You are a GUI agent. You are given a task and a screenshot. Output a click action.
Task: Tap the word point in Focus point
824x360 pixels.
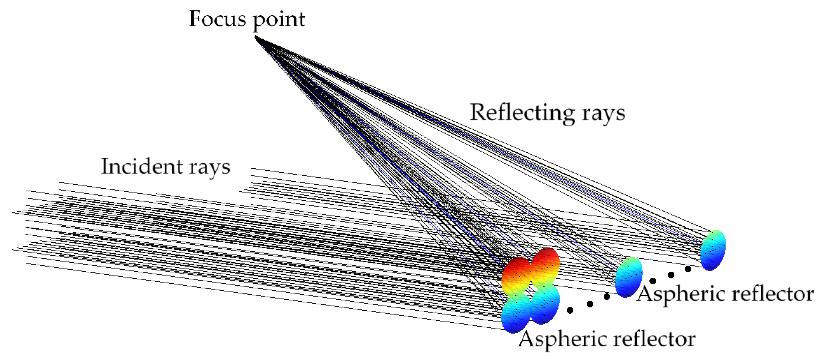(x=279, y=20)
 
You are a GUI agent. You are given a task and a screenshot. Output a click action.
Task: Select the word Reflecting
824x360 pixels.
(x=522, y=113)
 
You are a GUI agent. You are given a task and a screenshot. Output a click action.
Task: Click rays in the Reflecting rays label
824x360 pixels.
(x=603, y=113)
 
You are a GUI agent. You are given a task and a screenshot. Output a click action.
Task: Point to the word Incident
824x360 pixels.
(x=142, y=166)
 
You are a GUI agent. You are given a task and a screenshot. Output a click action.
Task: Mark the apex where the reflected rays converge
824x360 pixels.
(x=256, y=37)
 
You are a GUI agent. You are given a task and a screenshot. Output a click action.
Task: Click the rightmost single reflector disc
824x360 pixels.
(x=713, y=250)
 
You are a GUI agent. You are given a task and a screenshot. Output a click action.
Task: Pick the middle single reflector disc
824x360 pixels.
(x=629, y=277)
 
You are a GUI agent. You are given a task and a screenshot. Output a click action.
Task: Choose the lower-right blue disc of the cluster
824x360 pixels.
(x=545, y=304)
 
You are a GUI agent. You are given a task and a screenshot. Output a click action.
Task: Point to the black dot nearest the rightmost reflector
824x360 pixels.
(x=688, y=269)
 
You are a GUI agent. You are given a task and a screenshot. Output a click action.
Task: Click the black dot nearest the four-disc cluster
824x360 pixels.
(x=570, y=310)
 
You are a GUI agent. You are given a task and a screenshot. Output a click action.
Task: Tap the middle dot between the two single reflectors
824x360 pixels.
(x=671, y=275)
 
